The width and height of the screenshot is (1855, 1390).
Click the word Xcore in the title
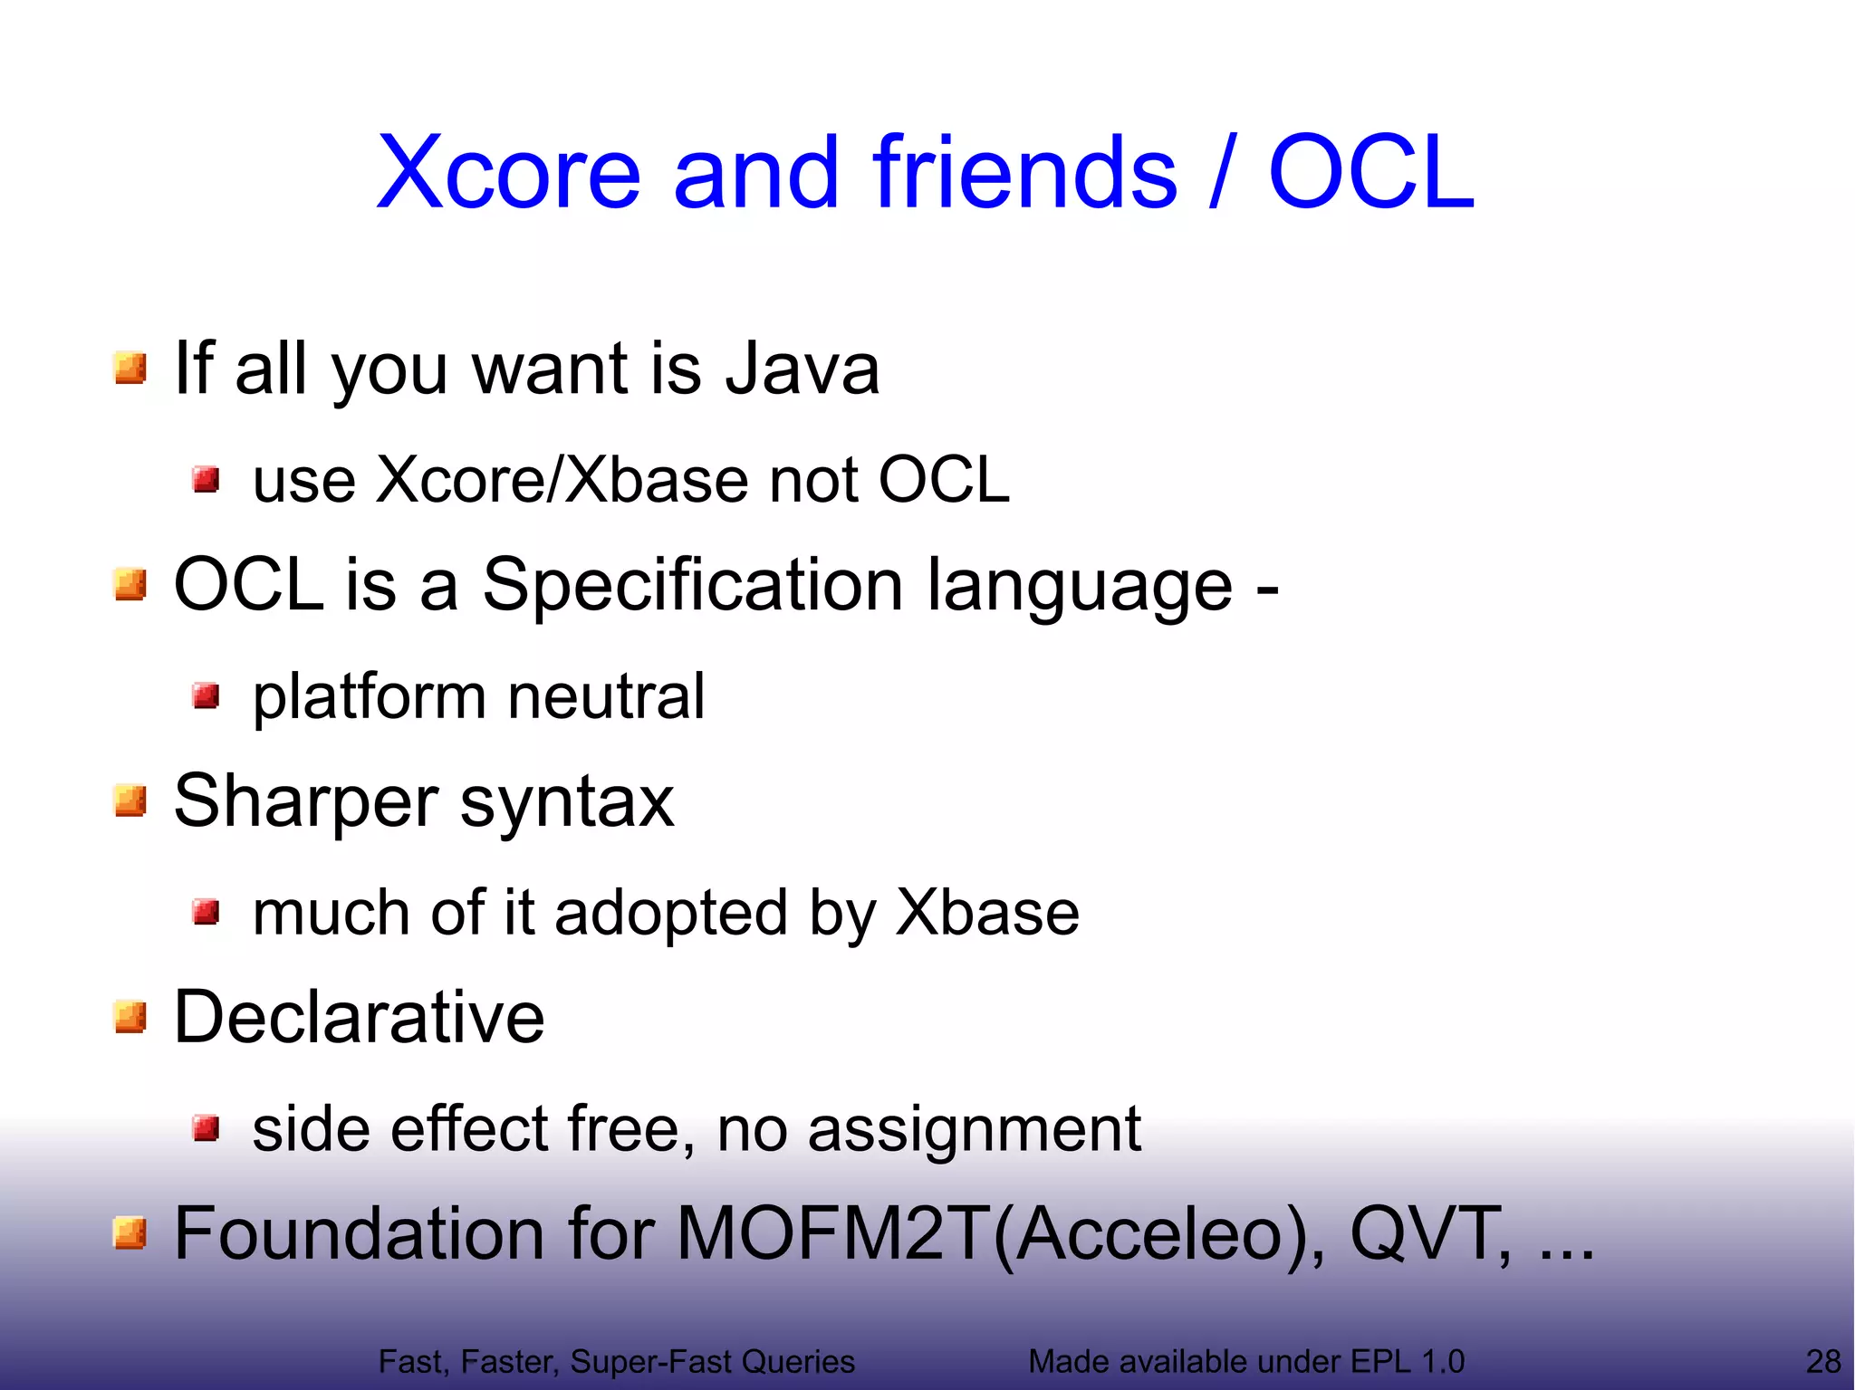(x=508, y=173)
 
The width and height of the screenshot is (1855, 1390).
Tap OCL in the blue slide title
(x=1370, y=173)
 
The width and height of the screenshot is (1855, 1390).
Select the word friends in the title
(x=1024, y=173)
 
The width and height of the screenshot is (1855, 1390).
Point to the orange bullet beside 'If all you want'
(x=130, y=369)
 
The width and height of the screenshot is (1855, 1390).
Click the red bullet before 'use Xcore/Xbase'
(x=207, y=479)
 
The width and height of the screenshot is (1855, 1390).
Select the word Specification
(x=692, y=585)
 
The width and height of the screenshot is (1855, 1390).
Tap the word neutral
(x=606, y=696)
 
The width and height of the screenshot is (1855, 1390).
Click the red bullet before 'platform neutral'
(x=207, y=696)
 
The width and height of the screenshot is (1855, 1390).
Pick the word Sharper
(x=306, y=802)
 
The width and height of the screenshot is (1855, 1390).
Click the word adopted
(x=670, y=913)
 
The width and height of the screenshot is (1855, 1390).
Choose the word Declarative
(x=359, y=1018)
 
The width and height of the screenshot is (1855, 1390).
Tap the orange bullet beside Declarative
(x=130, y=1017)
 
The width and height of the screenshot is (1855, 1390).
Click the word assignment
(x=974, y=1130)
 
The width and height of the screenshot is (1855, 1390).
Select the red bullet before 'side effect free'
(x=207, y=1129)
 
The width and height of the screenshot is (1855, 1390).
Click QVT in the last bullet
(x=1429, y=1233)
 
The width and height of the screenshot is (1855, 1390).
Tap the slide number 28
(x=1822, y=1361)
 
